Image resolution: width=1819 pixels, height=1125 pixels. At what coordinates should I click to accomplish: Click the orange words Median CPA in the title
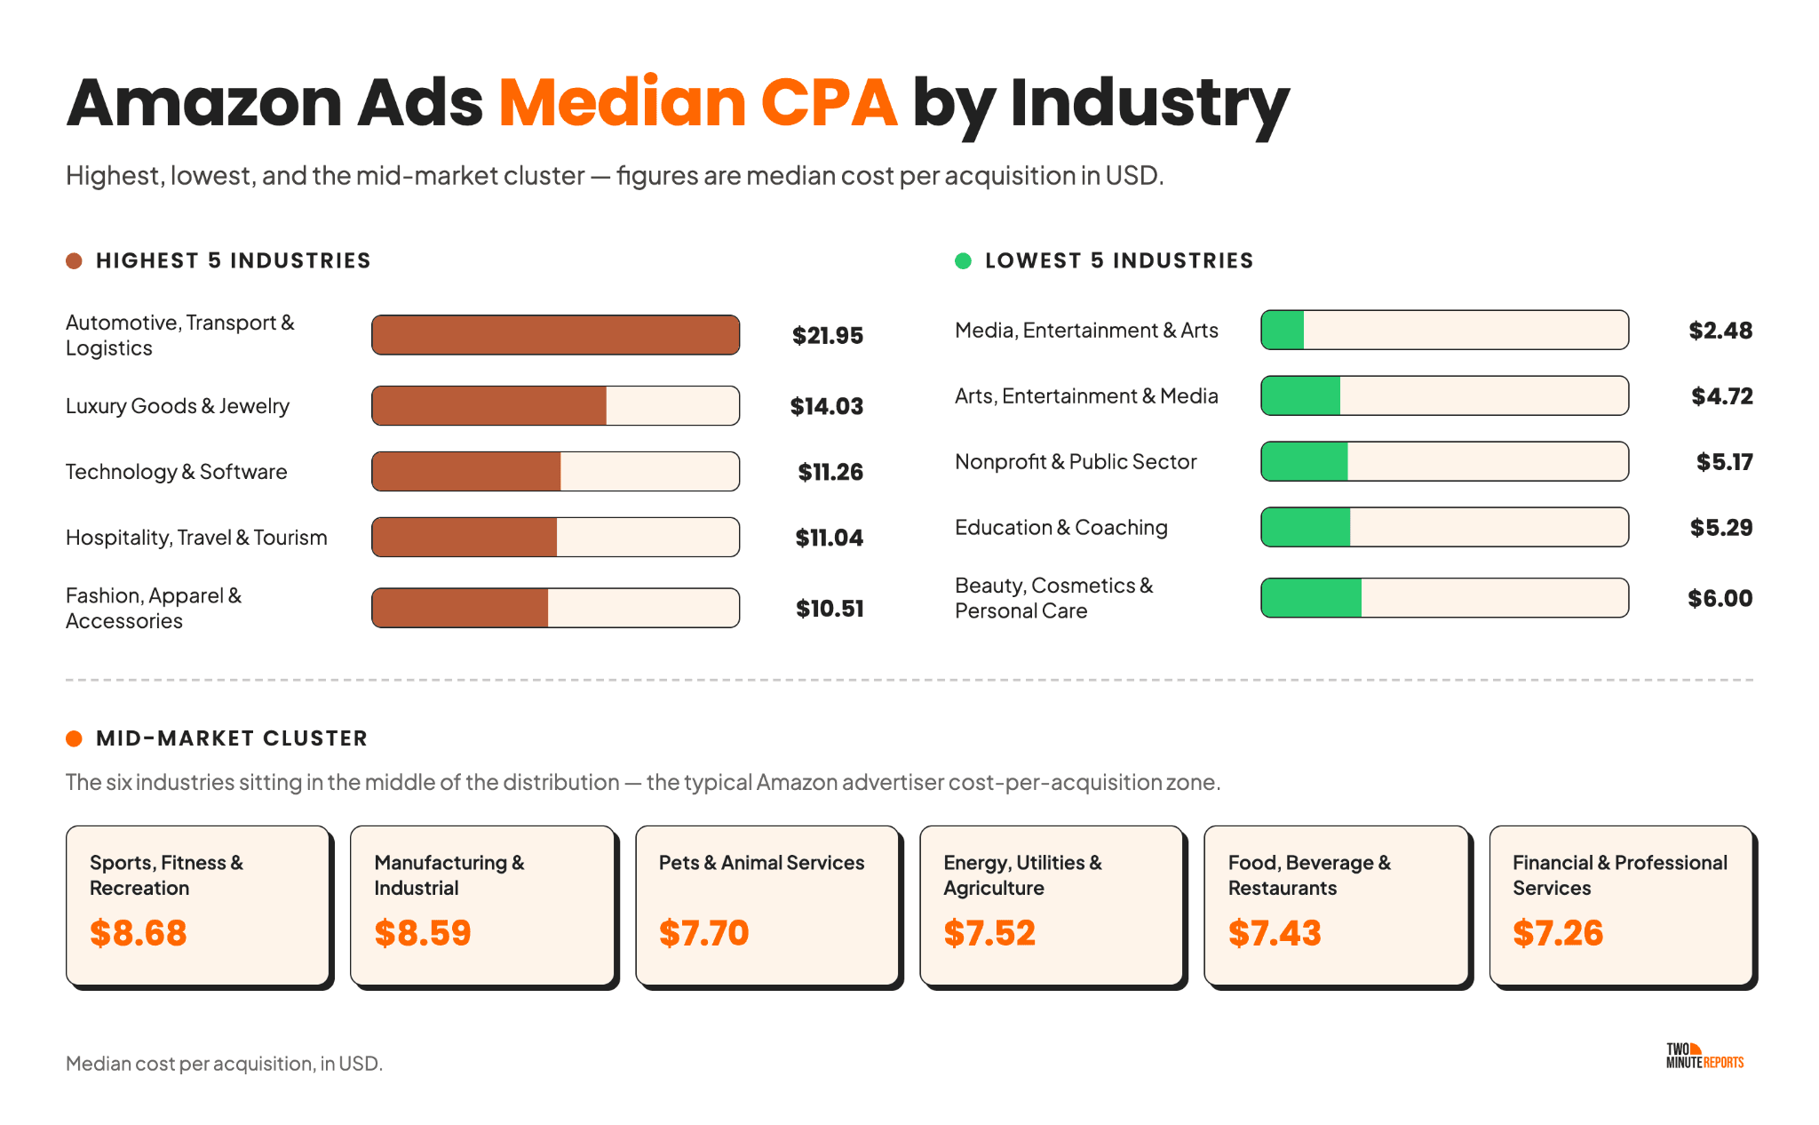click(698, 102)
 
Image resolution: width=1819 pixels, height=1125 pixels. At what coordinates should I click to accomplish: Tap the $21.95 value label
click(828, 336)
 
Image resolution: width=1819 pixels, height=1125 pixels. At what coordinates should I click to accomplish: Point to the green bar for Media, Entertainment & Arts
click(1283, 330)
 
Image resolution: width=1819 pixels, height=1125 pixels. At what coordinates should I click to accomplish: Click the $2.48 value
click(1720, 331)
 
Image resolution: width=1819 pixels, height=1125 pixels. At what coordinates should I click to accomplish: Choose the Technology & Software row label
click(177, 472)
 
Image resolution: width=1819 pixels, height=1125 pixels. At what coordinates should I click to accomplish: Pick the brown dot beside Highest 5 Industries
click(75, 260)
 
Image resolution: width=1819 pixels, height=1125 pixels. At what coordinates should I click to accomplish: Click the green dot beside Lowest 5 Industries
click(963, 260)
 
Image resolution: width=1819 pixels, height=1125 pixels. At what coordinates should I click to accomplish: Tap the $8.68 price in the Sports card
click(139, 933)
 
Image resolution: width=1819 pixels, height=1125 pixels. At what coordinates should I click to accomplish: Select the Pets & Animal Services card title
click(761, 863)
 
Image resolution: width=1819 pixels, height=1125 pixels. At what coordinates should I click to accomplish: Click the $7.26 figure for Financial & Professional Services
click(1558, 933)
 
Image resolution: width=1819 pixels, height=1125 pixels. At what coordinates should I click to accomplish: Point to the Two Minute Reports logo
click(1704, 1056)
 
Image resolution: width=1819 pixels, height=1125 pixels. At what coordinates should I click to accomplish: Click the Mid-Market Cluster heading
click(232, 738)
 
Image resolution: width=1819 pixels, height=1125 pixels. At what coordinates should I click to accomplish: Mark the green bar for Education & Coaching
click(1306, 527)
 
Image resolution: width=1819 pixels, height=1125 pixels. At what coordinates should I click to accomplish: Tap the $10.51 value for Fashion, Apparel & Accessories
click(830, 609)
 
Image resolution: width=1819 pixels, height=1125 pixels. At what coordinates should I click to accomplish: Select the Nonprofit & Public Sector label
click(1076, 462)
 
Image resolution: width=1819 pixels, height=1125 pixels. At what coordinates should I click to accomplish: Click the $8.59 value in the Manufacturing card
click(423, 933)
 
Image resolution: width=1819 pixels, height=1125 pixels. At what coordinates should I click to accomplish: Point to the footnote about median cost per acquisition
click(224, 1064)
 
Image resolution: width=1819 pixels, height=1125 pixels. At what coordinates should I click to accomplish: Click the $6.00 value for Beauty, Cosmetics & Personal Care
click(1720, 598)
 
